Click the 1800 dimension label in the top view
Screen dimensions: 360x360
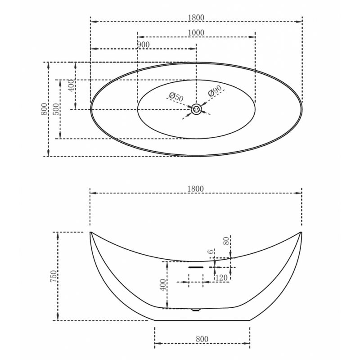point(196,18)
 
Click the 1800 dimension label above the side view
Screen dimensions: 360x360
point(195,189)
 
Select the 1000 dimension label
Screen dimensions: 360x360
point(196,33)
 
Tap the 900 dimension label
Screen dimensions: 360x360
point(143,45)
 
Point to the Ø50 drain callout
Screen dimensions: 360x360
point(176,97)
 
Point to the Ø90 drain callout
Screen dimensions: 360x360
point(215,91)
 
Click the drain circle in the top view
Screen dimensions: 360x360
point(196,109)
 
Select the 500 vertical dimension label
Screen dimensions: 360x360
point(56,109)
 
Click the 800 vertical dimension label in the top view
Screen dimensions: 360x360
point(44,109)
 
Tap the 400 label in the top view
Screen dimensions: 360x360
point(72,85)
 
